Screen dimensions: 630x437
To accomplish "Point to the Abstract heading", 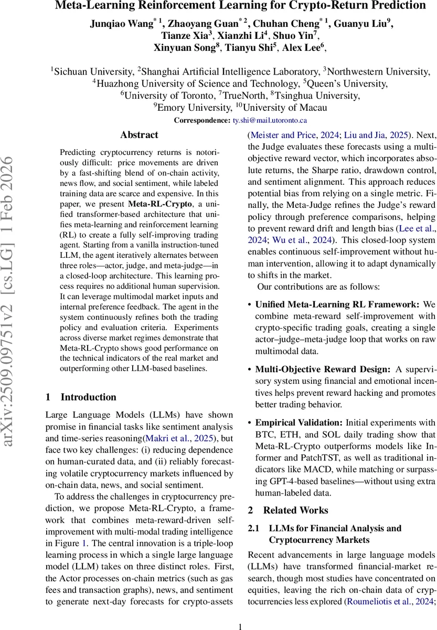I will pyautogui.click(x=139, y=135).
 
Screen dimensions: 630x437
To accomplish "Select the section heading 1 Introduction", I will pyautogui.click(x=81, y=397).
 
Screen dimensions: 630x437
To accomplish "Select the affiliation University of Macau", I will pyautogui.click(x=292, y=108).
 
